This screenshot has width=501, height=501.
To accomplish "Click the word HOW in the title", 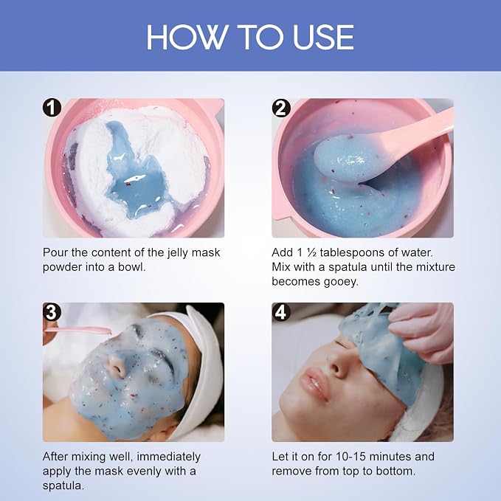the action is click(x=187, y=37).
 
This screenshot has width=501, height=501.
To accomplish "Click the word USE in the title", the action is click(x=323, y=37).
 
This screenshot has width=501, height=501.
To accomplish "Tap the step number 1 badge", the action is click(x=52, y=108).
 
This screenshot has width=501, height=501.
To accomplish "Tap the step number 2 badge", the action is click(x=281, y=108).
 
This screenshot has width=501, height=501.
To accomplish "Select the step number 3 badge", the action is click(x=52, y=312).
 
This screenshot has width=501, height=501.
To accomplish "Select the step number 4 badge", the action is click(x=281, y=312).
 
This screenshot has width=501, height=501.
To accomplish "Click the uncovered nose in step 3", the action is click(x=117, y=366).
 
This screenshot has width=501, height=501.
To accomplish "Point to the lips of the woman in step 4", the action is click(x=315, y=384).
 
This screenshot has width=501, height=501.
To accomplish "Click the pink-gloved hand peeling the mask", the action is click(x=425, y=332).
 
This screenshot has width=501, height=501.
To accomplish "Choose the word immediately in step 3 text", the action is click(x=169, y=457).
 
